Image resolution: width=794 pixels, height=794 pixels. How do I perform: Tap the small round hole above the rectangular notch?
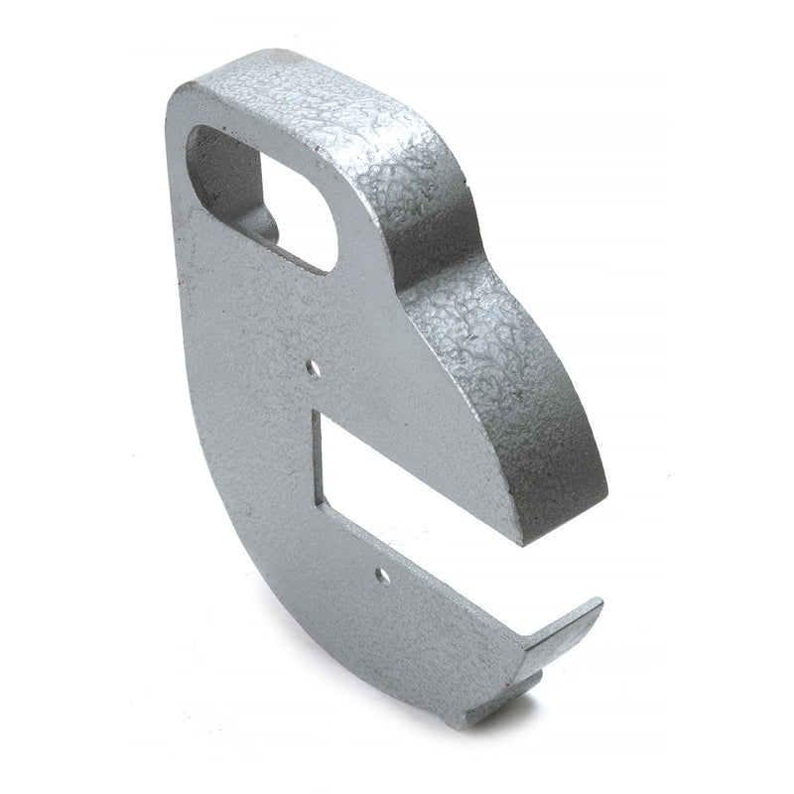tap(315, 367)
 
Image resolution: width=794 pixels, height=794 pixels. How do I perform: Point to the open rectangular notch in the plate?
tap(417, 466)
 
